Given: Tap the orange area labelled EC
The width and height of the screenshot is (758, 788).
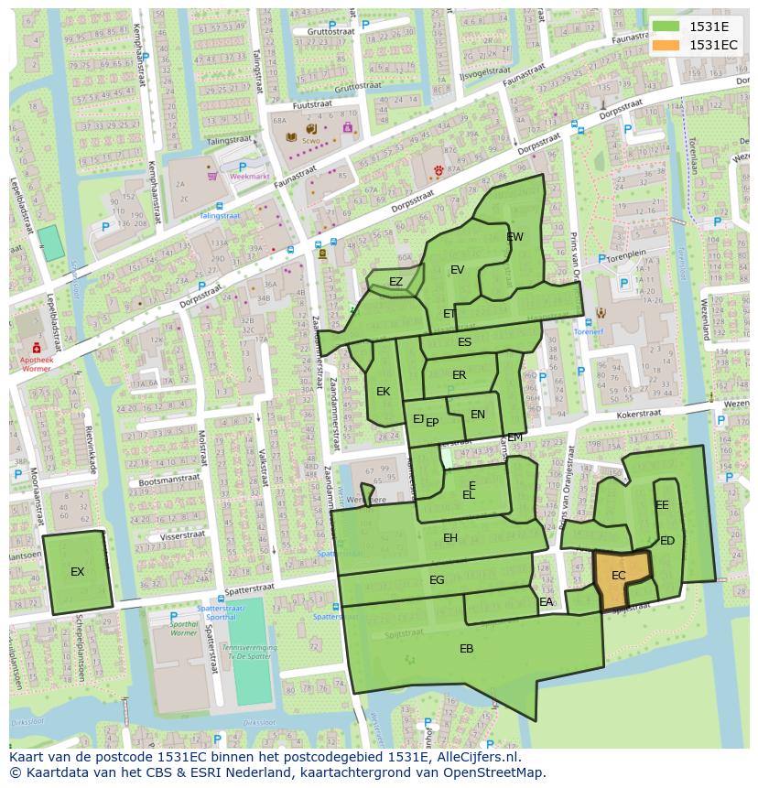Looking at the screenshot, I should (x=619, y=576).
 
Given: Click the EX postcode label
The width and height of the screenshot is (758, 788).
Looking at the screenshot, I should (x=78, y=572).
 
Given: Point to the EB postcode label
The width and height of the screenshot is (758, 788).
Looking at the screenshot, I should (x=467, y=649).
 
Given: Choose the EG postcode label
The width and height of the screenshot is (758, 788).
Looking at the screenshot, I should (x=437, y=580).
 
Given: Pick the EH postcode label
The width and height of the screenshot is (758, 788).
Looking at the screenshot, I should (x=450, y=538).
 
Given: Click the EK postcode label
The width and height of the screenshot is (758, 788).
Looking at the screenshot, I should (x=384, y=392).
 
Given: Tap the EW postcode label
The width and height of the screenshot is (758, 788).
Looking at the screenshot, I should (x=515, y=237).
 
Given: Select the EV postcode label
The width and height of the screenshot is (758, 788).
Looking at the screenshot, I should (x=458, y=269).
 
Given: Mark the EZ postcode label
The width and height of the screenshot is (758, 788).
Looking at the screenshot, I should (x=395, y=282).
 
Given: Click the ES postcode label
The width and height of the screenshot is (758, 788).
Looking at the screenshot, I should (x=465, y=342).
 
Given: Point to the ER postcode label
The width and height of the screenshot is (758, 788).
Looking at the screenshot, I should (x=460, y=375).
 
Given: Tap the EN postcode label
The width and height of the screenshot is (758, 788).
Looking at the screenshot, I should (x=478, y=415).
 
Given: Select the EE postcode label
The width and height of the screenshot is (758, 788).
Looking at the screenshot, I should (x=662, y=505).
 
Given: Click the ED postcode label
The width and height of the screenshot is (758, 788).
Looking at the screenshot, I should (x=667, y=541).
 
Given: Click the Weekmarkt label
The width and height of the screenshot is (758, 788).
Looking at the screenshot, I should (x=250, y=175).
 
